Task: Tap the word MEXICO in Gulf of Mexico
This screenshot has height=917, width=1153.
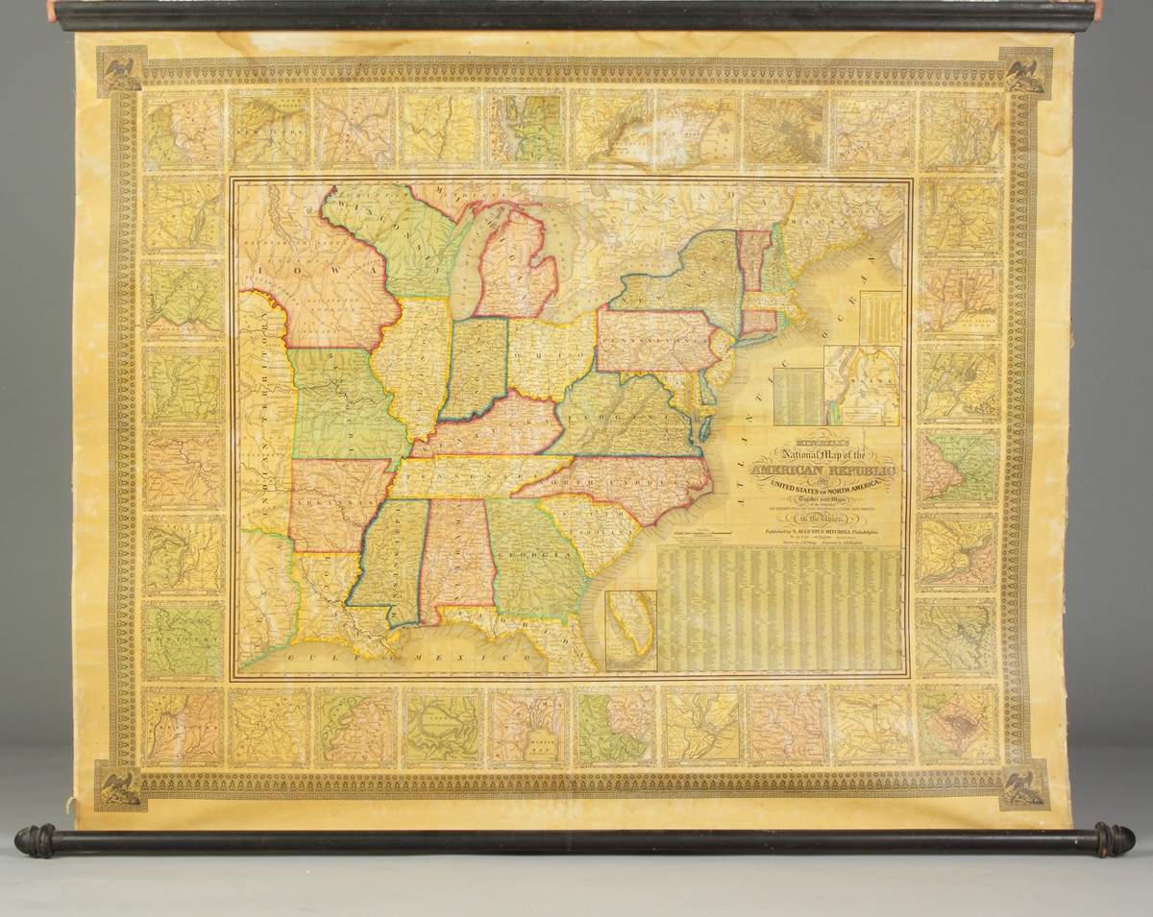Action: [472, 654]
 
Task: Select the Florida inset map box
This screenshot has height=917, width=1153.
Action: [630, 630]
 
